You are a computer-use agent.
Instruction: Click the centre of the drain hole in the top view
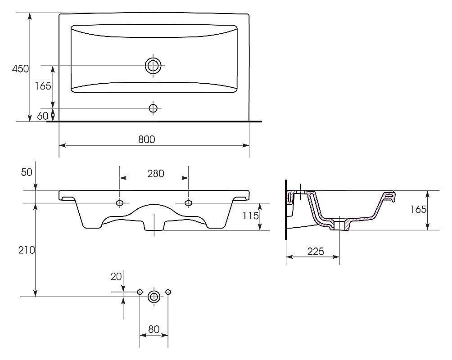[153, 65]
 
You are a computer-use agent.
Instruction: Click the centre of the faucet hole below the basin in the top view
[153, 108]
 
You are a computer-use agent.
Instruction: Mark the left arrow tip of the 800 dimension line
[59, 145]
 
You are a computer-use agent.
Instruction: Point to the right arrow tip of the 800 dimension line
[249, 145]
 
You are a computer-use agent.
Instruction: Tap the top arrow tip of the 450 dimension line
[30, 13]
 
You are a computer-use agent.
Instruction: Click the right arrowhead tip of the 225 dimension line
[339, 256]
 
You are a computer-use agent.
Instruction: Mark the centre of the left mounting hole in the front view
[120, 203]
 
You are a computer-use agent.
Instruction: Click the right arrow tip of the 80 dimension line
[168, 335]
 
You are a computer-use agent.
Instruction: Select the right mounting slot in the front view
[189, 203]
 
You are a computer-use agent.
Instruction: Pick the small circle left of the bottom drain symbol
[140, 292]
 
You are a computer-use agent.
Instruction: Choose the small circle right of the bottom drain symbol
[168, 292]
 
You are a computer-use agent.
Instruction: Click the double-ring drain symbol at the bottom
[154, 297]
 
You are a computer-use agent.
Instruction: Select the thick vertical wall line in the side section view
[286, 210]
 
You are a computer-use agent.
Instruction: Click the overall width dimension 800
[147, 139]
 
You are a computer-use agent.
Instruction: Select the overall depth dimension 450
[20, 68]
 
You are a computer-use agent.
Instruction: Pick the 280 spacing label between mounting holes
[156, 174]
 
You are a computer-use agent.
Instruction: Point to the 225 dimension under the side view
[316, 252]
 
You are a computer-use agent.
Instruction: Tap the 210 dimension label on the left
[27, 250]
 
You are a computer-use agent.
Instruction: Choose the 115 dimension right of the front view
[250, 216]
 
